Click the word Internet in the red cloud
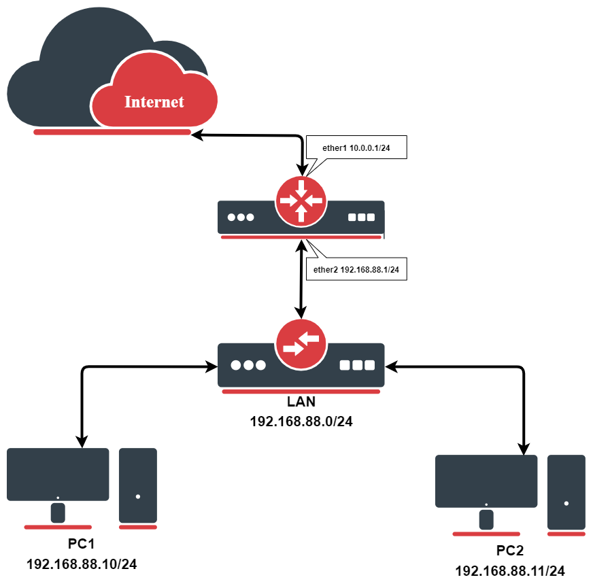coord(154,102)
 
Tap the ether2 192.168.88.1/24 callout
coord(356,270)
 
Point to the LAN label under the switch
coord(301,402)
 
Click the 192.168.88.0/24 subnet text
coord(301,421)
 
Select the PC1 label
coord(82,545)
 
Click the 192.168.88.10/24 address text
coord(82,564)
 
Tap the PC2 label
coord(510,551)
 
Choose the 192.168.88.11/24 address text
coord(510,571)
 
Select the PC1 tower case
coord(138,485)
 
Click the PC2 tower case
coord(566,492)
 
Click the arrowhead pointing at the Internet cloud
coord(197,136)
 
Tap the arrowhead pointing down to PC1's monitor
coord(82,441)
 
